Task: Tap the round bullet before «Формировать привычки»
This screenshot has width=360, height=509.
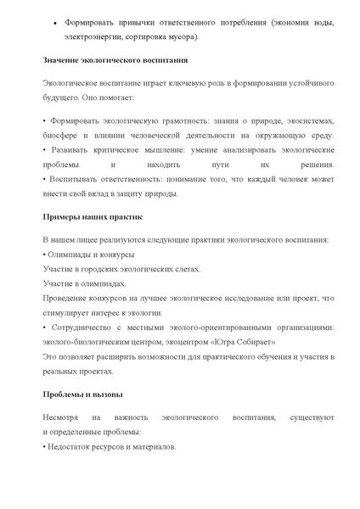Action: [x=55, y=22]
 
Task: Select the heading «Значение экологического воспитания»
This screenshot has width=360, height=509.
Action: [x=115, y=61]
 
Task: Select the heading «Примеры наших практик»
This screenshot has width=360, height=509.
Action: [x=92, y=217]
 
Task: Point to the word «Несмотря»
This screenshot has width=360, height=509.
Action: [x=63, y=417]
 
